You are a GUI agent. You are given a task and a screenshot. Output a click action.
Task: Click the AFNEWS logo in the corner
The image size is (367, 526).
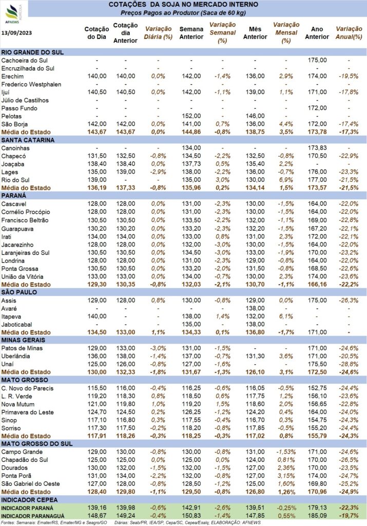tap(13, 13)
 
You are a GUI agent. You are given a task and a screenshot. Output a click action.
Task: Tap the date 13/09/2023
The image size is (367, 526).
tap(17, 32)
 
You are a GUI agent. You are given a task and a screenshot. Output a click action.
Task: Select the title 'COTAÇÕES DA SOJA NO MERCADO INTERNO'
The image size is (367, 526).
tap(183, 5)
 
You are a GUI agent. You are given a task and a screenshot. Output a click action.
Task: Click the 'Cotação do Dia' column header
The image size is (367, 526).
tap(96, 33)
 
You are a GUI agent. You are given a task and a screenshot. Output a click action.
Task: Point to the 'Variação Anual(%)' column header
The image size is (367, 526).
tap(349, 33)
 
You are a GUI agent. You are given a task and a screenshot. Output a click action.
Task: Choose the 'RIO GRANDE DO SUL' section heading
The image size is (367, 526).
tap(32, 52)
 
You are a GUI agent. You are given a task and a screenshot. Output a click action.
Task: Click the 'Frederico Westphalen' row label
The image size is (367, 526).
tap(31, 84)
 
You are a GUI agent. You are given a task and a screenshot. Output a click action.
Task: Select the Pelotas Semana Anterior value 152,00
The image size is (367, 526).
tap(191, 116)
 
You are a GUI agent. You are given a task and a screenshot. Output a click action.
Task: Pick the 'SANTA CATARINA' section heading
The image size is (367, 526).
tap(28, 140)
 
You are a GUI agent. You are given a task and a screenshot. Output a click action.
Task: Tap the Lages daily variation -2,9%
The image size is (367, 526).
tap(158, 172)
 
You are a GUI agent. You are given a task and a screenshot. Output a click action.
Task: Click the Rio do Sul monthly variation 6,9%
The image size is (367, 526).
tap(286, 180)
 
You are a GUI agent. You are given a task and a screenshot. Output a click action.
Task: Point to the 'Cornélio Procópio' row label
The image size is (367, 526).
tap(26, 212)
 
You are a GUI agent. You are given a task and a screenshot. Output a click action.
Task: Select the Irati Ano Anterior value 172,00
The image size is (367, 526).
tap(317, 236)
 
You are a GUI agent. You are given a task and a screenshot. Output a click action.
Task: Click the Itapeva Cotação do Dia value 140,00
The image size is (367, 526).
tap(97, 316)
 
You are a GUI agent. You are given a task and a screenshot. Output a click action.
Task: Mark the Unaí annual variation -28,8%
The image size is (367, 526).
tap(349, 364)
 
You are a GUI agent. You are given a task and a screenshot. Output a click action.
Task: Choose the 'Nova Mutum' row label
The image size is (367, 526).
tap(18, 404)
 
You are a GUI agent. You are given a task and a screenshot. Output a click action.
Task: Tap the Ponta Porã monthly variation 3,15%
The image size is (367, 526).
tap(286, 476)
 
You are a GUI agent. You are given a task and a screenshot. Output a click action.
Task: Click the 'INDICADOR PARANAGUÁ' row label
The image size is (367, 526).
tap(32, 516)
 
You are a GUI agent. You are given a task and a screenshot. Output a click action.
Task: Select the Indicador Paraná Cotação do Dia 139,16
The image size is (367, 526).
tap(97, 508)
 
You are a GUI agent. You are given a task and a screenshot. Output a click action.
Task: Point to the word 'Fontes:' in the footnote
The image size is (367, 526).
tap(8, 522)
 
